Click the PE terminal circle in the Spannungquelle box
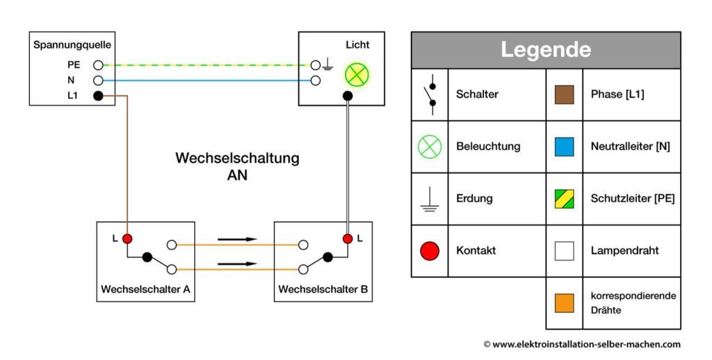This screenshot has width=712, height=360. click(x=98, y=65)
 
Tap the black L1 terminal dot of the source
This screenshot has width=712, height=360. click(x=98, y=96)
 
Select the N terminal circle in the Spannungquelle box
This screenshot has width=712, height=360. click(x=98, y=81)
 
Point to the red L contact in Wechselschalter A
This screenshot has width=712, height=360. click(x=127, y=239)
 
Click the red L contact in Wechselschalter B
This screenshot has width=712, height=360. click(x=347, y=239)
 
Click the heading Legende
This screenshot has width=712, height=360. click(x=546, y=50)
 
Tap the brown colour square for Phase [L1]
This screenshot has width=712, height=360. click(x=564, y=95)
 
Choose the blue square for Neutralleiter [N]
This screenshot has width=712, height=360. click(x=564, y=147)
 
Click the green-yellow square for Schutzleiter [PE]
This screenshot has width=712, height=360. click(x=564, y=199)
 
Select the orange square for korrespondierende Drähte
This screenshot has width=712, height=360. click(x=564, y=303)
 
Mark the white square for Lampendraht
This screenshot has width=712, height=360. click(x=564, y=251)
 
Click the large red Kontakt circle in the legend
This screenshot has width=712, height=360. click(x=430, y=251)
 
